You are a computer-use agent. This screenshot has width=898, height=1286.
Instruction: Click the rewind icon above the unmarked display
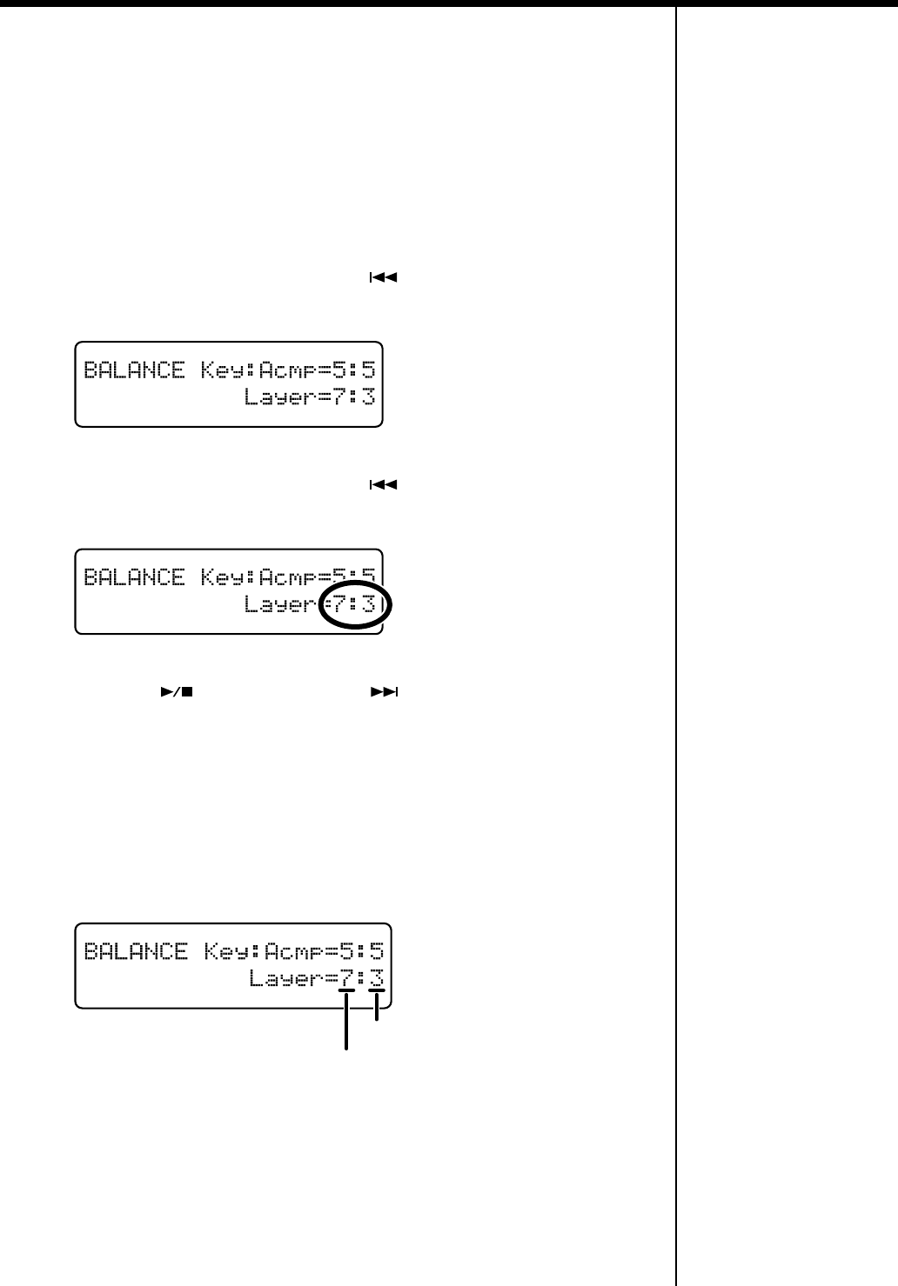(x=384, y=279)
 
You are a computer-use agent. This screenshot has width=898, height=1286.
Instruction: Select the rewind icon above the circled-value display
(x=384, y=485)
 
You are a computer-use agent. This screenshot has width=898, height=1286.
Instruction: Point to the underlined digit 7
(x=346, y=977)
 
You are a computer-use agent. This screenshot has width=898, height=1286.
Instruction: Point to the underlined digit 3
(x=377, y=977)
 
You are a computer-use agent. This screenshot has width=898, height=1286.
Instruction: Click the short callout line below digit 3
(x=377, y=1009)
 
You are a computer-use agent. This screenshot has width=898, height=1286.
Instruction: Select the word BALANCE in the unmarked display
(x=134, y=371)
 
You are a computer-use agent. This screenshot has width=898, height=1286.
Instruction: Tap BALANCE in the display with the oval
(x=134, y=578)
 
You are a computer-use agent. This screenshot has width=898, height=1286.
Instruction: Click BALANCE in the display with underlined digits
(x=135, y=951)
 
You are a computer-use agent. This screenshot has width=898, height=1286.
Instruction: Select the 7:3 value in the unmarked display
(x=356, y=398)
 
